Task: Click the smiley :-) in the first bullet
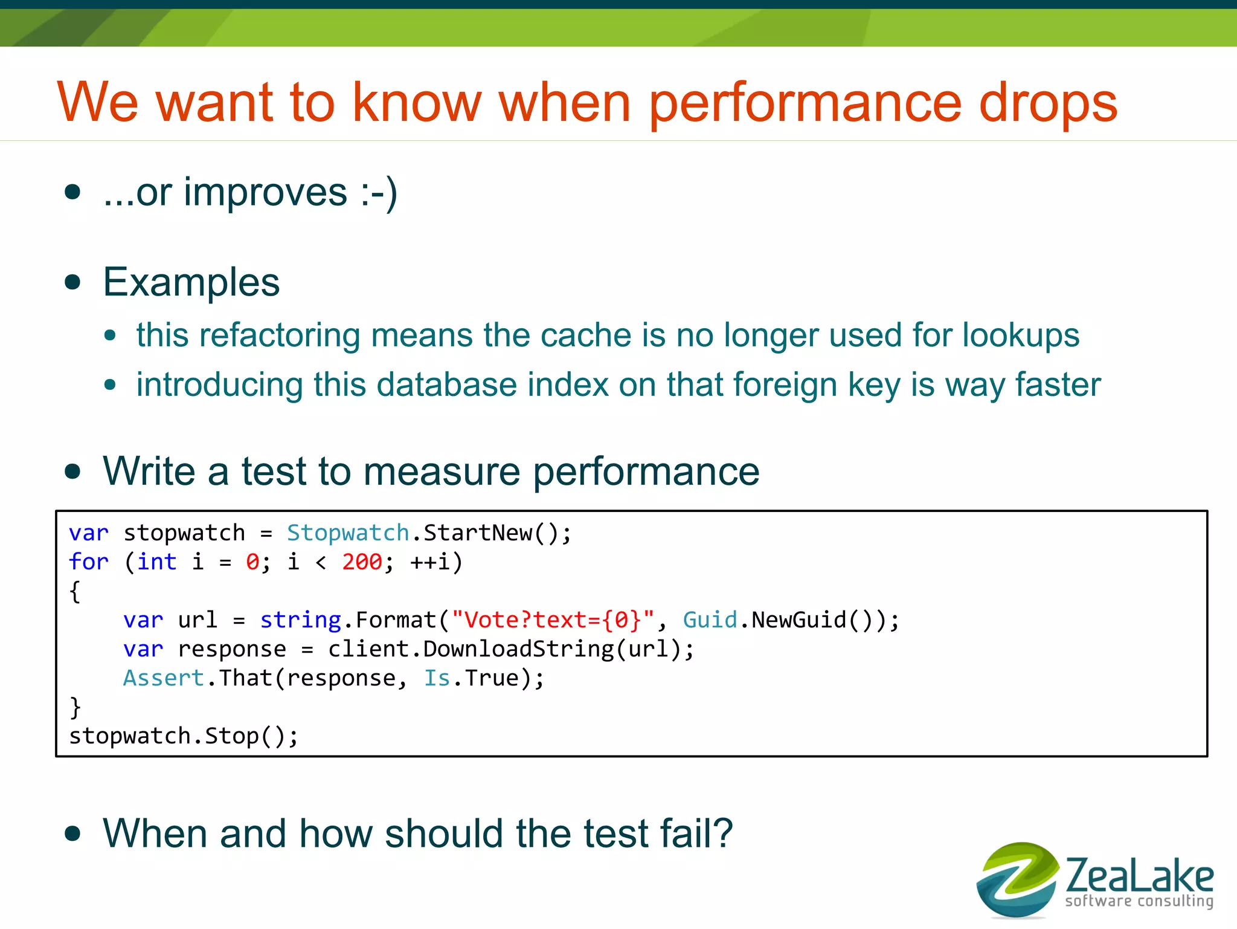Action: point(379,193)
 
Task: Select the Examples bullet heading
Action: point(191,282)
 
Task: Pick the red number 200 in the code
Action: point(362,562)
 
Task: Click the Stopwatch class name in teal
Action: point(348,533)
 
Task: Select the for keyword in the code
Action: point(88,562)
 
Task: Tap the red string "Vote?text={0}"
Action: point(553,620)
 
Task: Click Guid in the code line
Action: point(710,620)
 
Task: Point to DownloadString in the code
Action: point(518,649)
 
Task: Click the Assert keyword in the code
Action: point(163,678)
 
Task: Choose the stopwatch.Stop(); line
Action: point(183,736)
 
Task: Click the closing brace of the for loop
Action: point(75,707)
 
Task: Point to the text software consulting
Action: point(1139,901)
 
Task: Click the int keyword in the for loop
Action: point(156,562)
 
